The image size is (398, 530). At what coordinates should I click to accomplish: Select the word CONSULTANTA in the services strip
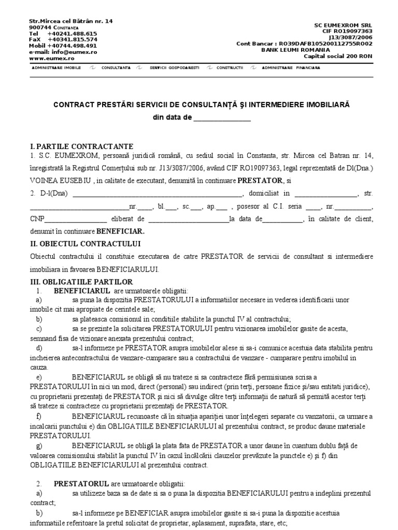(x=116, y=68)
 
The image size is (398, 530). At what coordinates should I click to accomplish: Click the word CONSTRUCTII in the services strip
(x=230, y=68)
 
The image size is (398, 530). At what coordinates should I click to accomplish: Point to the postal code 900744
(x=40, y=27)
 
